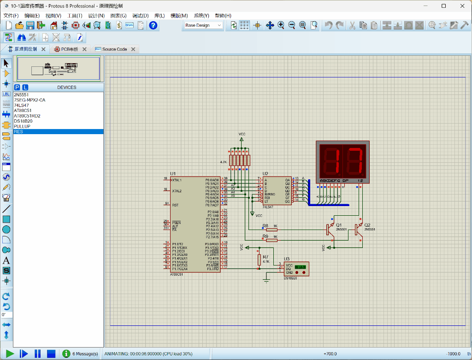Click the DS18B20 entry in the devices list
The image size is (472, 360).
click(x=23, y=121)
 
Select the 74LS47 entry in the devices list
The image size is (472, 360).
click(x=22, y=105)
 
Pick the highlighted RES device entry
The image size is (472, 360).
click(x=18, y=132)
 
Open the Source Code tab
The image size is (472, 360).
click(x=114, y=49)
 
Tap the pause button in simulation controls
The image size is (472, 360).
click(x=38, y=354)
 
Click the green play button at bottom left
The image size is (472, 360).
click(x=10, y=354)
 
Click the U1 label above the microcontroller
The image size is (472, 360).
click(x=173, y=174)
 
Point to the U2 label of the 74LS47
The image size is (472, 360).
click(x=265, y=174)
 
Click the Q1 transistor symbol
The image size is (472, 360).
click(x=330, y=229)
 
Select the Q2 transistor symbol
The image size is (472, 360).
click(x=358, y=229)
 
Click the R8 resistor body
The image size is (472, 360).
click(x=272, y=229)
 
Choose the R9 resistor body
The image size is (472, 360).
click(x=272, y=240)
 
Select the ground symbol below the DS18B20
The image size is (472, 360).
click(x=266, y=279)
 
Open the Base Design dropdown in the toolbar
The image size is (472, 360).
click(x=203, y=25)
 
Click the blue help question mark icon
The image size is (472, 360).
click(x=153, y=25)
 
